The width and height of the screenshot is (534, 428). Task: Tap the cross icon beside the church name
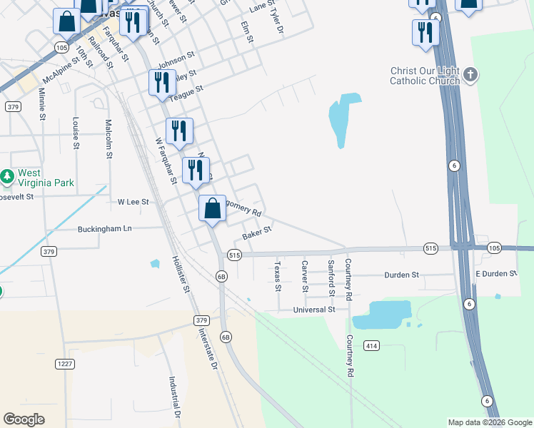point(470,74)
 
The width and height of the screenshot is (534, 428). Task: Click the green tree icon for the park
point(7,175)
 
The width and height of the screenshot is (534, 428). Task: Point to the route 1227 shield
point(65,364)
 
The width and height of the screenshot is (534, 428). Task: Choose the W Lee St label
point(133,203)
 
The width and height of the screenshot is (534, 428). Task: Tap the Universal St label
point(313,310)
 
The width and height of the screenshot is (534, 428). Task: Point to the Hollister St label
point(181,274)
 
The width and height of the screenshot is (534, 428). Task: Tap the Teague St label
point(186,90)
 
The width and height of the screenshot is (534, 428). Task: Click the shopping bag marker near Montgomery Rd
point(212,209)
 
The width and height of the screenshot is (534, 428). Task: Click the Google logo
point(24,419)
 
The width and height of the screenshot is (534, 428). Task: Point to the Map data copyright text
point(488,422)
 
